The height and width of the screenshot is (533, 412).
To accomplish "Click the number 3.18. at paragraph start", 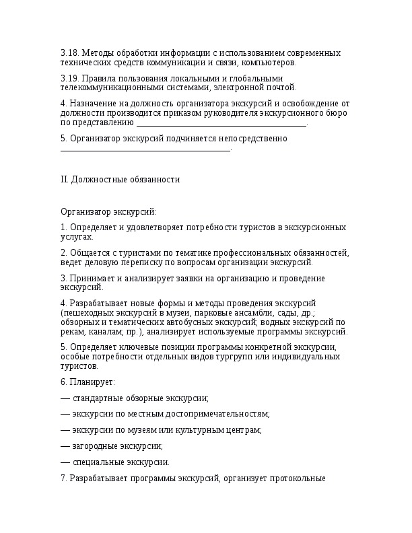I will [69, 52].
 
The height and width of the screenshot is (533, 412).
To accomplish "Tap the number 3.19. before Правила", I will [69, 78].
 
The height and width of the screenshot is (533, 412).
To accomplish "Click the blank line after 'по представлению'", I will [221, 123].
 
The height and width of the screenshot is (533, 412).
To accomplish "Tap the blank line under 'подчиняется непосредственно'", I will [145, 149].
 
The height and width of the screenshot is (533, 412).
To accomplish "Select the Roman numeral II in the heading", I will [64, 180].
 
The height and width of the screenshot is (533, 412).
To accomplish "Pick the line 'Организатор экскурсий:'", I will [108, 211].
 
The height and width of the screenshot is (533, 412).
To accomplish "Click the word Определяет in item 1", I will [92, 227].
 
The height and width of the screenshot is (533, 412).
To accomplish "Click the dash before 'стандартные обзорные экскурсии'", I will [65, 398].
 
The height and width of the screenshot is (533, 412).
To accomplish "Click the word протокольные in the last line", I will [298, 479].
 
